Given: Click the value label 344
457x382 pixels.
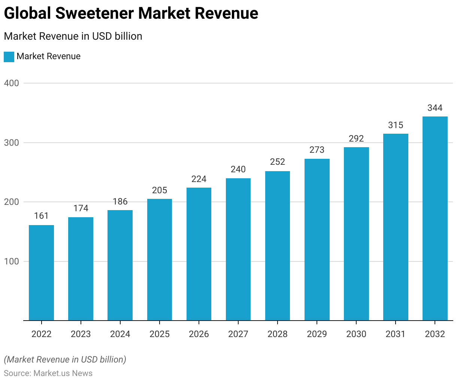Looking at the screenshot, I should [435, 108].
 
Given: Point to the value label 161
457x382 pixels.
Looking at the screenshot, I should [41, 216].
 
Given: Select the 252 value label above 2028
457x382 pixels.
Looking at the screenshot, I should [278, 162].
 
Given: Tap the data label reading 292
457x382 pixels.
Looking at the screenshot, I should [356, 139].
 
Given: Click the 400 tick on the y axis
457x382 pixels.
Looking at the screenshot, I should [12, 83].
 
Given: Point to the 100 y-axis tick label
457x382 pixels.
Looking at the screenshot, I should [12, 261].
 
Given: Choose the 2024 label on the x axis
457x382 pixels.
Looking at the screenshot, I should [120, 334].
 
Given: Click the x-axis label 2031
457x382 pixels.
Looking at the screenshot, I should [396, 334].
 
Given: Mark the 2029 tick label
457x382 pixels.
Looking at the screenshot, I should [317, 334].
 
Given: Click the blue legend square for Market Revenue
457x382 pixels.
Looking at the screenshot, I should [9, 57].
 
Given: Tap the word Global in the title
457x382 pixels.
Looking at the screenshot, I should [27, 13].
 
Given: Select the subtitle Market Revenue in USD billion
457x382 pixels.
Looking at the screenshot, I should [73, 36].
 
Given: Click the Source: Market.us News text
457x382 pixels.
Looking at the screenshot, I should [48, 373].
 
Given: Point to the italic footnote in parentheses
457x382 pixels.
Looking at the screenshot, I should [65, 360].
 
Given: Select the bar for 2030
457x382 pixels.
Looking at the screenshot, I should [356, 234].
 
